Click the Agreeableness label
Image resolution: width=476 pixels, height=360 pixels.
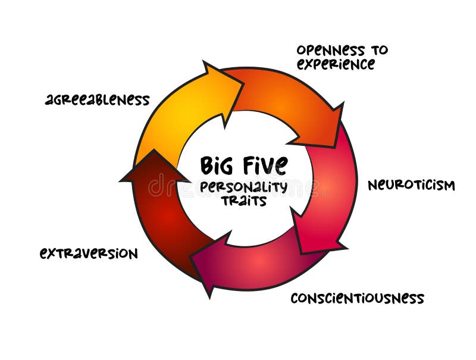[97, 99]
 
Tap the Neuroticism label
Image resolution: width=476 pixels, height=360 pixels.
[411, 185]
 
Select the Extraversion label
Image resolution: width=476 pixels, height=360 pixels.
[89, 253]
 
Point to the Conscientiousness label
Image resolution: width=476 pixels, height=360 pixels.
[357, 298]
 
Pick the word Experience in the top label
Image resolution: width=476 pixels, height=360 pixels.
[336, 64]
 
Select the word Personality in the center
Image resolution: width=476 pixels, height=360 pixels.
[243, 187]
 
